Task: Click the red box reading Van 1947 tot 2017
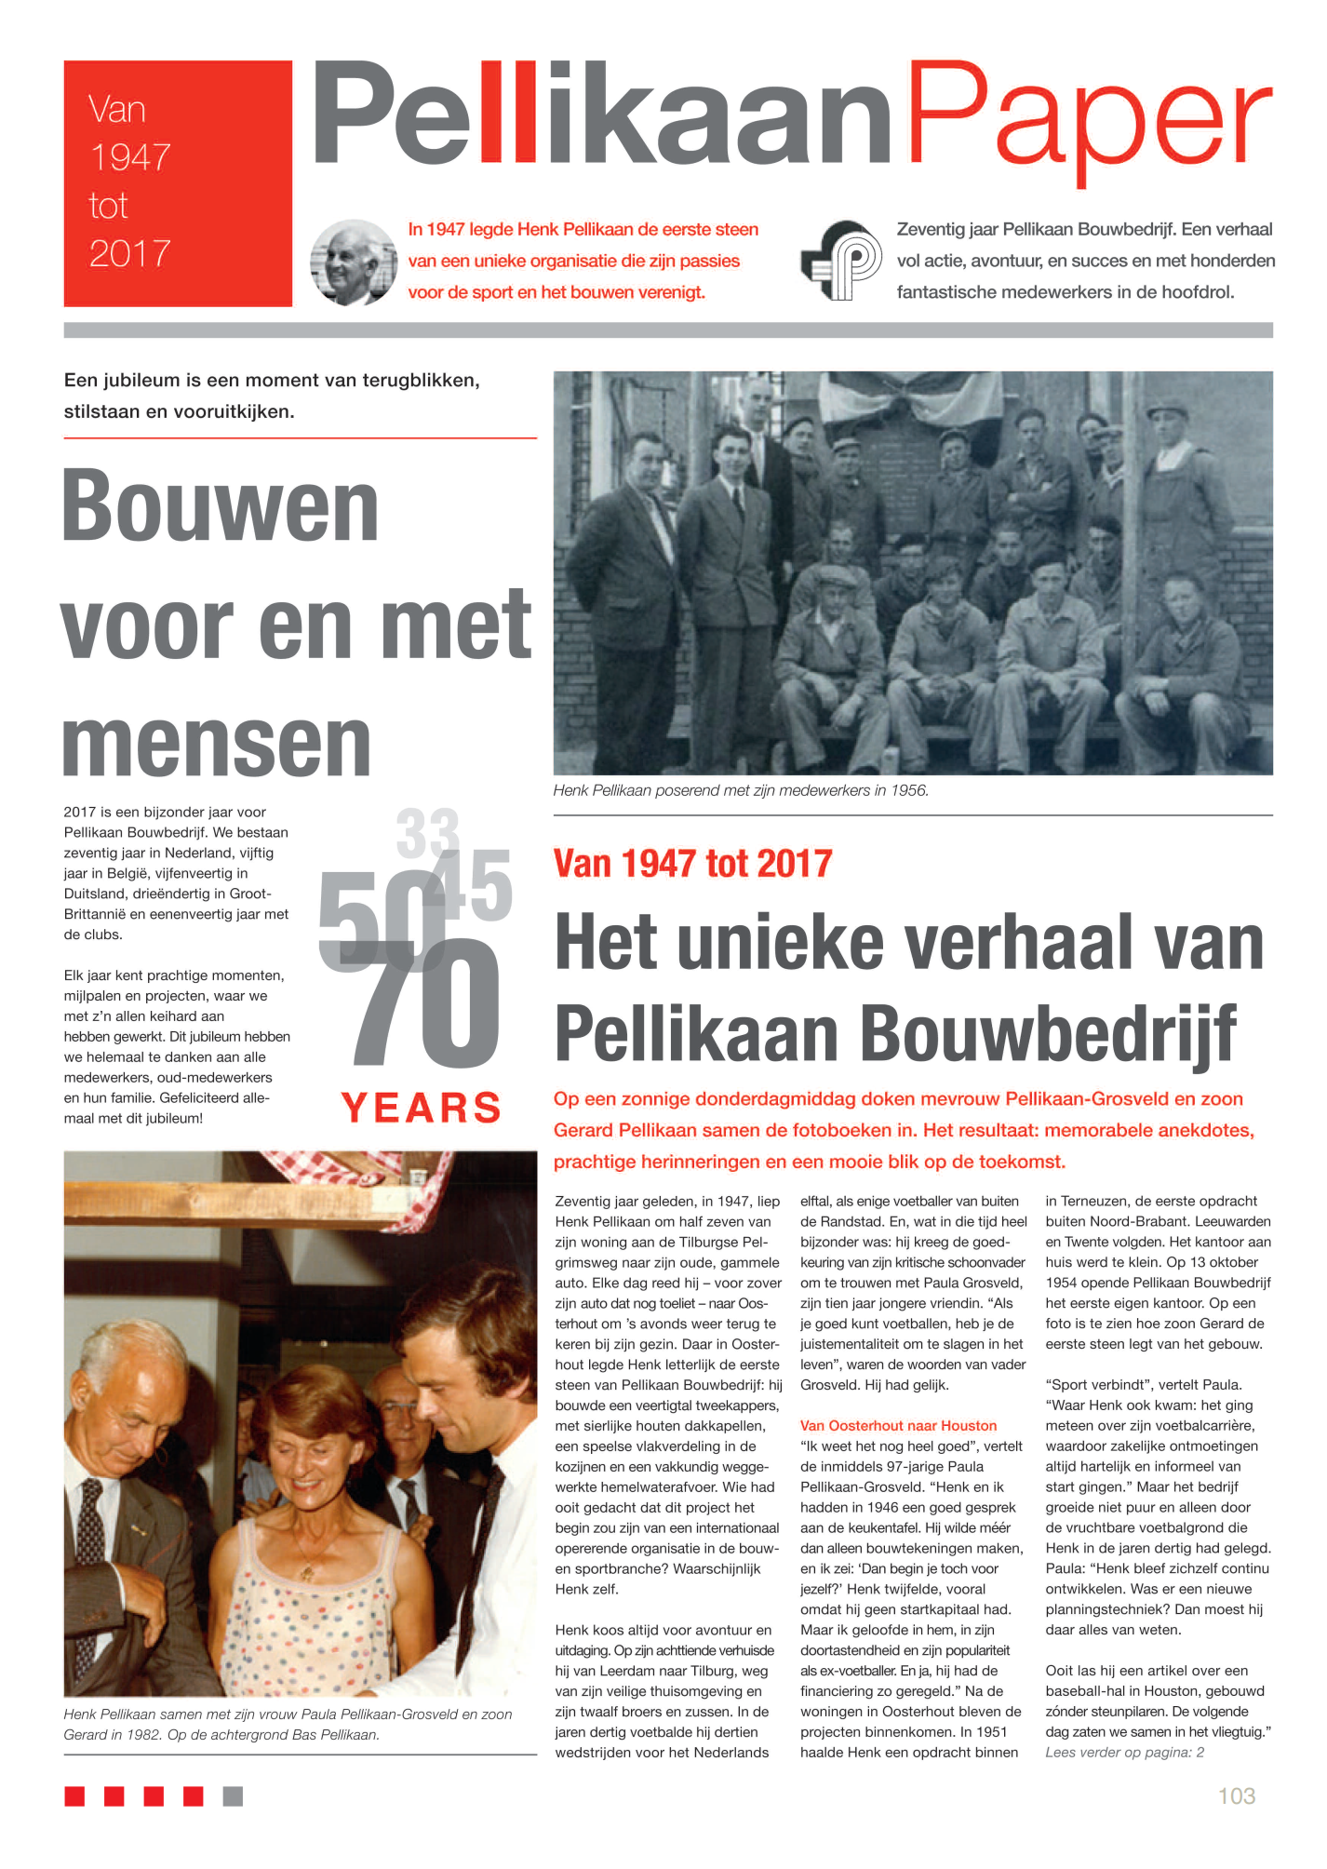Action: coord(177,183)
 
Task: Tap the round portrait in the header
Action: coord(354,262)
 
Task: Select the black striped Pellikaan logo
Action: coord(841,261)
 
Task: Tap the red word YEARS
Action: coord(422,1108)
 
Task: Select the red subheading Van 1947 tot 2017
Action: coord(692,864)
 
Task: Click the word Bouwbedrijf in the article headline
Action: coord(1048,1033)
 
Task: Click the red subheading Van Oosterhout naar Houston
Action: coord(898,1426)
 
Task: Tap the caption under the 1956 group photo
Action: coord(741,791)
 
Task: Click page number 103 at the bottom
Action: coord(1237,1795)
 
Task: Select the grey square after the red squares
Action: coord(233,1796)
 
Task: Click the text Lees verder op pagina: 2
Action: coord(1124,1753)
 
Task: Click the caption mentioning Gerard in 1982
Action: coord(288,1725)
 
